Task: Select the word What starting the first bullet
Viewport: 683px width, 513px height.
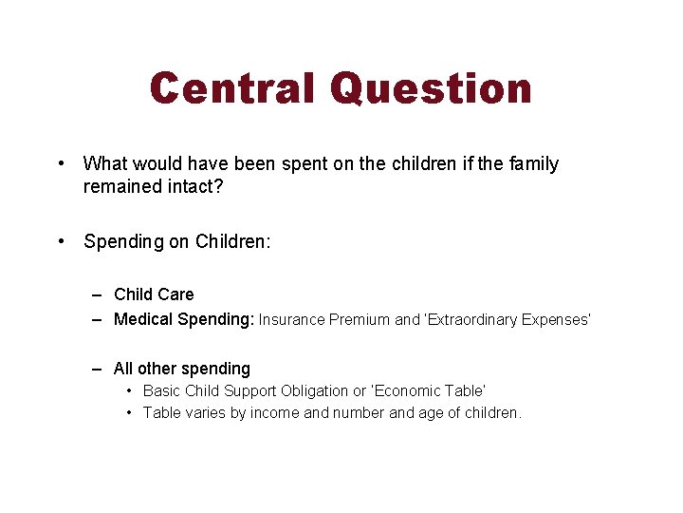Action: [104, 164]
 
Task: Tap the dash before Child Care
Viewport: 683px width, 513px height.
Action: [98, 294]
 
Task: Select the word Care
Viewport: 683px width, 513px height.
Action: [175, 294]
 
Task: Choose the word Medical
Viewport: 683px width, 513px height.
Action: [143, 319]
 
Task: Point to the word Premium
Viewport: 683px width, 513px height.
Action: [360, 320]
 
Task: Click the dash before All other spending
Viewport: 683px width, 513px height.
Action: [98, 369]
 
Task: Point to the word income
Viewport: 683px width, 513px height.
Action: [276, 412]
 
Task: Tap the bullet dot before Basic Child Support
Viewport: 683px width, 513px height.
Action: [129, 390]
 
